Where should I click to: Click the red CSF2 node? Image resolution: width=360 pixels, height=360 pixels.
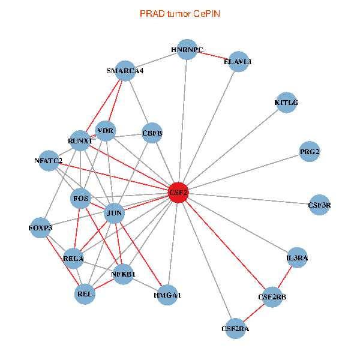[x=178, y=193]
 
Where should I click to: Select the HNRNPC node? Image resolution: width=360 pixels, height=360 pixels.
[x=187, y=50]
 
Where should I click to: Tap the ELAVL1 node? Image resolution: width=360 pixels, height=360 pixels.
[x=238, y=61]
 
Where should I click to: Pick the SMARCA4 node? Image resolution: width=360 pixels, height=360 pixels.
[x=125, y=71]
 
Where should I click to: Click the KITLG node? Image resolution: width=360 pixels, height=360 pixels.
[x=286, y=103]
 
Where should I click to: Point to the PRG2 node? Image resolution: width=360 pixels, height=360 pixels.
[x=310, y=152]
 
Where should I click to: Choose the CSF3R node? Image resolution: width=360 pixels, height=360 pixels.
[x=319, y=205]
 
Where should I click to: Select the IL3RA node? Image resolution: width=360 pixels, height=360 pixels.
[x=297, y=258]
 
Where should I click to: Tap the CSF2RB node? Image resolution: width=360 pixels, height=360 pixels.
[x=272, y=297]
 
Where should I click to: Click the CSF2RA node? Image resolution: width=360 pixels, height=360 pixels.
[x=235, y=328]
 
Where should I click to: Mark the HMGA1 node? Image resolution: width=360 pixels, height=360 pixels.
[x=168, y=295]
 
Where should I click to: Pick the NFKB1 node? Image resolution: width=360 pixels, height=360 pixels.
[x=124, y=274]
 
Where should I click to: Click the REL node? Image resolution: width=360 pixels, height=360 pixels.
[x=85, y=294]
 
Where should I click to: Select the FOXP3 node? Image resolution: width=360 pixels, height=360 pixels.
[x=40, y=228]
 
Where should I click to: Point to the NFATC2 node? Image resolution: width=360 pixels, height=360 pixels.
[x=49, y=160]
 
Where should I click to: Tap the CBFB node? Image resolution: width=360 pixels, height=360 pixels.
[x=152, y=133]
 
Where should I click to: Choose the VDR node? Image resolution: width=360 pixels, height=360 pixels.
[x=106, y=131]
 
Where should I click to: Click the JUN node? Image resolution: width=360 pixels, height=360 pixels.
[x=115, y=213]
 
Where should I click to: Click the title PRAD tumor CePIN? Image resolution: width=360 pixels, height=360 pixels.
[x=179, y=13]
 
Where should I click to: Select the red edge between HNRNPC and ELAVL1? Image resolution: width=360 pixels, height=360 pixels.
[x=213, y=56]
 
